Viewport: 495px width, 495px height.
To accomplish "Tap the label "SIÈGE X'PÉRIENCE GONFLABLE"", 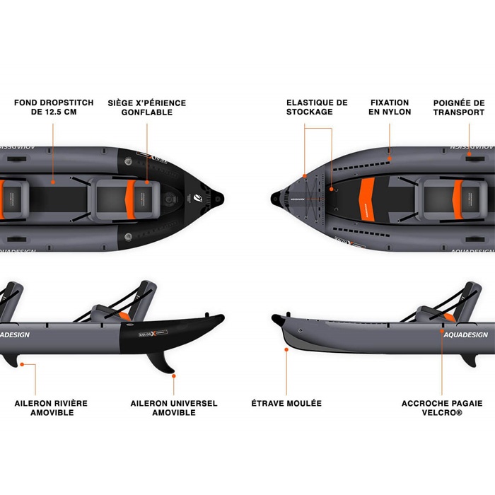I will tap(146, 107).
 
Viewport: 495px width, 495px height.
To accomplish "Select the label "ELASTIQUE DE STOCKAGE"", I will tap(316, 107).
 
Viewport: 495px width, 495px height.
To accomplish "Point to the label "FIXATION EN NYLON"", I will tap(390, 107).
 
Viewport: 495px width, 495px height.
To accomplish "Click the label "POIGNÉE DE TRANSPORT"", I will tap(459, 107).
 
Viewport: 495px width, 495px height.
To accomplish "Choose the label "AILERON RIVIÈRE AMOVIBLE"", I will tap(52, 408).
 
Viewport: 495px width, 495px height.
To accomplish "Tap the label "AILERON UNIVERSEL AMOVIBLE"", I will tap(174, 408).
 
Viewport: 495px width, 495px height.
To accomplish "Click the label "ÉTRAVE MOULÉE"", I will tap(286, 403).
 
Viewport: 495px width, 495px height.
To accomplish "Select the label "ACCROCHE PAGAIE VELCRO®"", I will tap(442, 408).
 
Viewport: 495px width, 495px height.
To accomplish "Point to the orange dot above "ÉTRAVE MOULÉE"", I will tap(286, 349).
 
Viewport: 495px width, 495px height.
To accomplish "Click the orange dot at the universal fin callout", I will tap(174, 375).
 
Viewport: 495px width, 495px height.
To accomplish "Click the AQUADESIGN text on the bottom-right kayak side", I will tap(466, 334).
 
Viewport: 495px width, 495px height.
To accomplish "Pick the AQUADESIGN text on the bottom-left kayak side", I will tap(14, 334).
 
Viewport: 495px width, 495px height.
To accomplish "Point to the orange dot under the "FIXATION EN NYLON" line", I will tap(390, 150).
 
